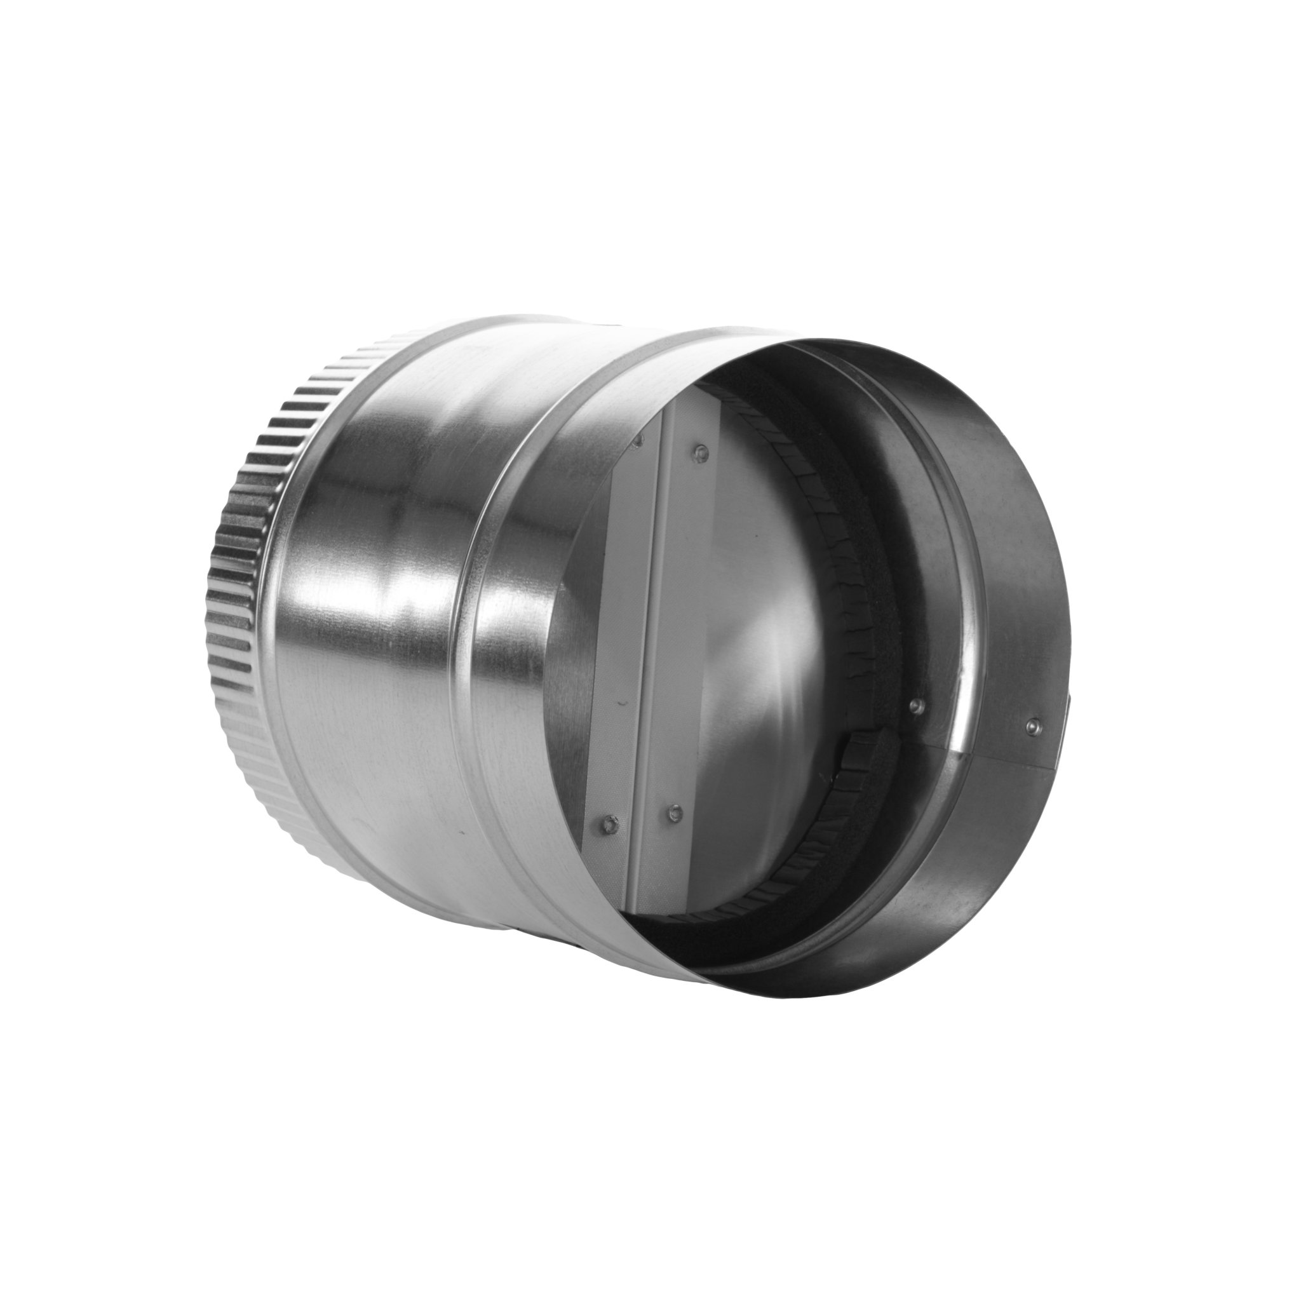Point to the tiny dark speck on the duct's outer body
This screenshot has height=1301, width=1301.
tap(461, 833)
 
